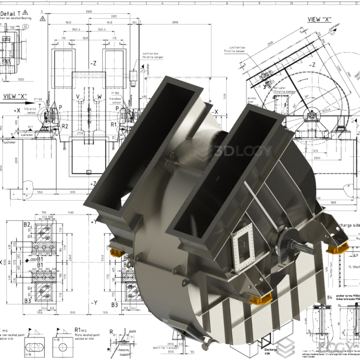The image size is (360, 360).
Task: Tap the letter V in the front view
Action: pos(78,96)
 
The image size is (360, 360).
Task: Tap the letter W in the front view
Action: pos(99,96)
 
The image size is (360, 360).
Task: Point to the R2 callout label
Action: pos(65,126)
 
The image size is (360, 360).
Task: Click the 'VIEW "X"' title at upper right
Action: pos(319,19)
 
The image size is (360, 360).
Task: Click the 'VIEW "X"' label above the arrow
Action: pos(16,96)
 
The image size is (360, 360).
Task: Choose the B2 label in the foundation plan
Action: pos(27,224)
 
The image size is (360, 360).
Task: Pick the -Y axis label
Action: pos(94,303)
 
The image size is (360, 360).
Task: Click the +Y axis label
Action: pos(94,222)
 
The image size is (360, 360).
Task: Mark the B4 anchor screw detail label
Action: pos(329,297)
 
